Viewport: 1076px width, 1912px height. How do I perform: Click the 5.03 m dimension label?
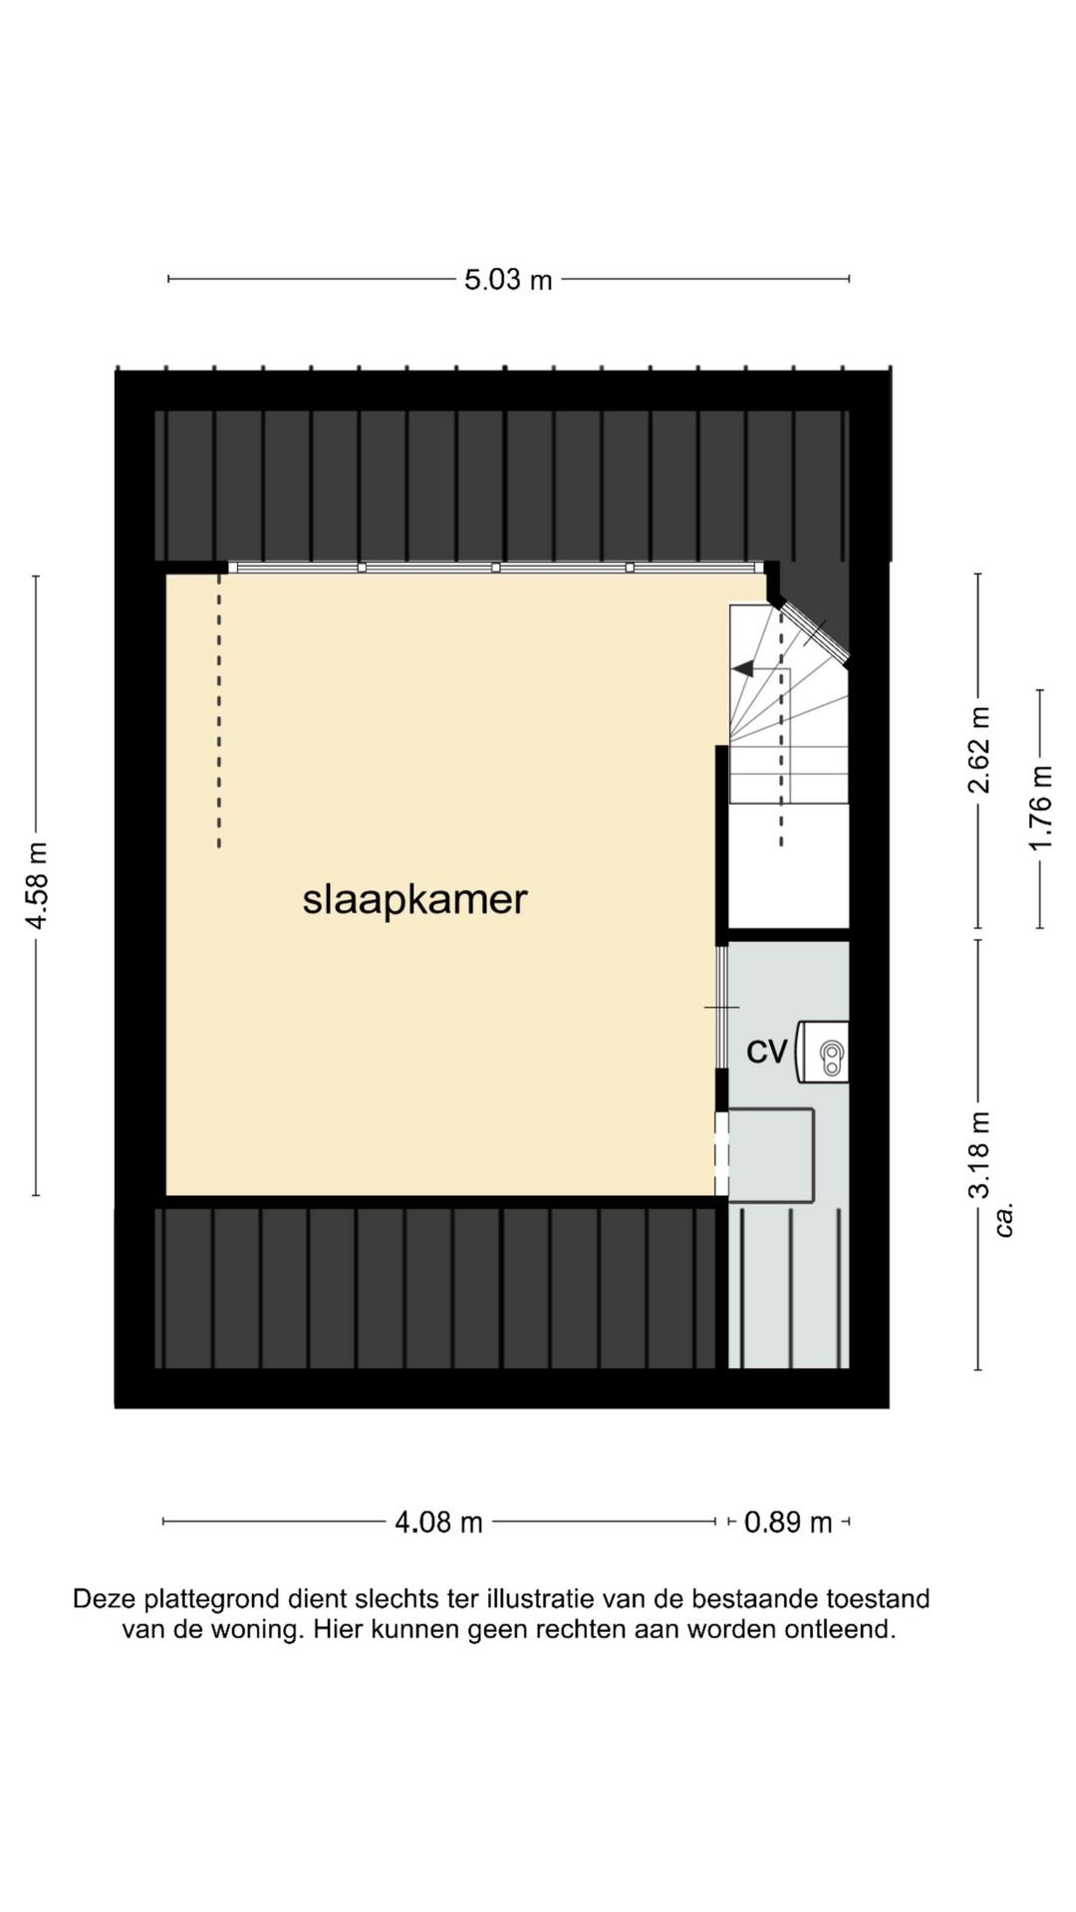508,280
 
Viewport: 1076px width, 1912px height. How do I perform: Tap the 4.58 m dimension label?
37,885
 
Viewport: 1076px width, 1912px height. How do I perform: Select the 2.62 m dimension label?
979,749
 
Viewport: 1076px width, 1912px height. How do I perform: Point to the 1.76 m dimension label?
1040,808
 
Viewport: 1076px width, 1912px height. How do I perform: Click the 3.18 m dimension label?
980,1155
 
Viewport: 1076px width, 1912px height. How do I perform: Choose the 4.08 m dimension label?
438,1522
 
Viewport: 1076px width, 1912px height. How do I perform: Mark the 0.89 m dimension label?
788,1522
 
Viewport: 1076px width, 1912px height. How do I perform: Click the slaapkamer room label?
414,899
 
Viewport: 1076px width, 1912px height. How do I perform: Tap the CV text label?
767,1051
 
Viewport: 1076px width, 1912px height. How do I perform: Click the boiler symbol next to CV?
829,1052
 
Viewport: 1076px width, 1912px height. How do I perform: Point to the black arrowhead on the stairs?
743,668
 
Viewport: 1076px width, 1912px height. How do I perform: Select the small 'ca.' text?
1005,1219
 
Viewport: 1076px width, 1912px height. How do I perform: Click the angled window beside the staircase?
814,632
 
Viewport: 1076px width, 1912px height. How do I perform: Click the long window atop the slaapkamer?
495,567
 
